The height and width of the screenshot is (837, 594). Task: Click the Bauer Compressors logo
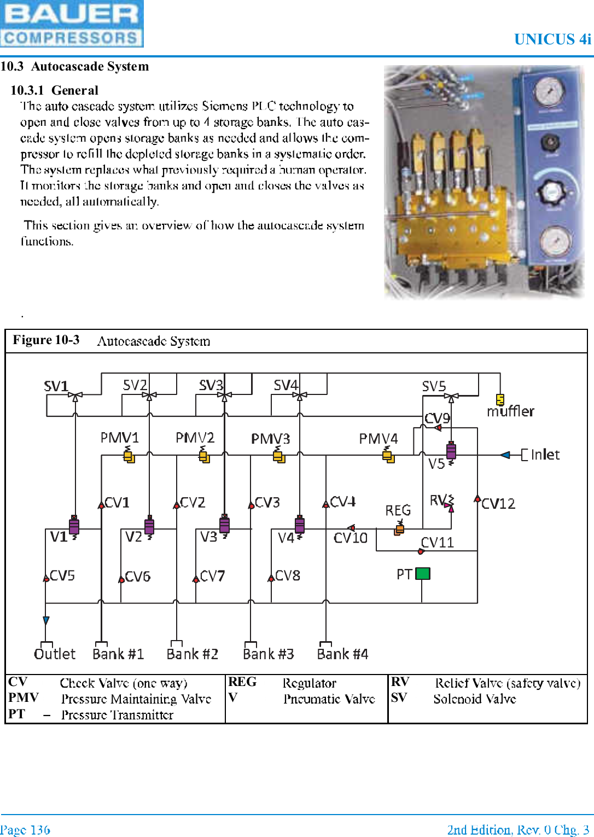(x=72, y=24)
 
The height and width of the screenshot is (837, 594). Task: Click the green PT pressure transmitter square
(x=423, y=573)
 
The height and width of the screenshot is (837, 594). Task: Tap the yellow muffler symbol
(x=499, y=399)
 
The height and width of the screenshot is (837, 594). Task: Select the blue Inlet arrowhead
(x=505, y=455)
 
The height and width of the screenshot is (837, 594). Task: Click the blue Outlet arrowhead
(x=46, y=620)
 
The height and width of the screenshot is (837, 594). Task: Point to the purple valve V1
(x=74, y=525)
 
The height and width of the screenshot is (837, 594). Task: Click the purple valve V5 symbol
(x=451, y=451)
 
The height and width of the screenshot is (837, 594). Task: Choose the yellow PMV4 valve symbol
(x=388, y=455)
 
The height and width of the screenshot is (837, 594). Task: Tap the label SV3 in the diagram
(x=211, y=386)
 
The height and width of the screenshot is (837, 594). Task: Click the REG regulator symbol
(x=400, y=528)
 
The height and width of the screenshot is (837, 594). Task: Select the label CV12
(x=498, y=503)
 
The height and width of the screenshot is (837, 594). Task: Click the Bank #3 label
(x=269, y=654)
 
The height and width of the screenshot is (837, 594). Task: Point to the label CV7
(x=212, y=576)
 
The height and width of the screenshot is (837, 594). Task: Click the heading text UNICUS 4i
(x=552, y=39)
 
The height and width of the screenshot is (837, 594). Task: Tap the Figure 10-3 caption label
(x=46, y=340)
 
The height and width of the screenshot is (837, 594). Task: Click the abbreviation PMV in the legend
(x=24, y=698)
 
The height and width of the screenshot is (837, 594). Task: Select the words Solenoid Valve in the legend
(x=474, y=699)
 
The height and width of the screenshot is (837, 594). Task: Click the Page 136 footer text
(x=25, y=829)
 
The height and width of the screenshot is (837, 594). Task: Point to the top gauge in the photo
(x=549, y=91)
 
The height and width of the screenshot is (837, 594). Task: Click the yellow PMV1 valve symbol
(x=129, y=455)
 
